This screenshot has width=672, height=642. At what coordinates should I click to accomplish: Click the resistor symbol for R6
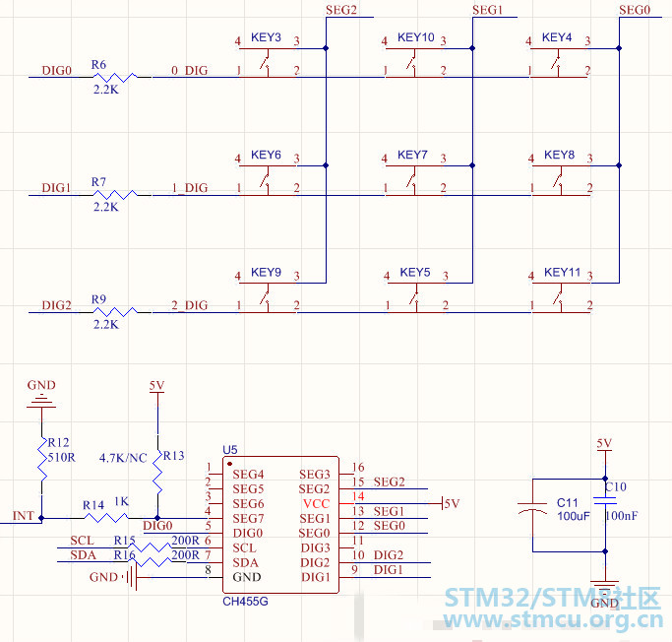(x=115, y=77)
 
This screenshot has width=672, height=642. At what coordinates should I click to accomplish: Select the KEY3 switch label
(x=266, y=37)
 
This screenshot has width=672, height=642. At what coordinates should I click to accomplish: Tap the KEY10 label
(x=416, y=37)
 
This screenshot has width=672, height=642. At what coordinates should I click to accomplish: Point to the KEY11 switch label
(x=562, y=273)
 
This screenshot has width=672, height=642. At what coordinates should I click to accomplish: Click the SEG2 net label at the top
(x=341, y=10)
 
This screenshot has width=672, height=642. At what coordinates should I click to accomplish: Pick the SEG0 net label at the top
(x=635, y=10)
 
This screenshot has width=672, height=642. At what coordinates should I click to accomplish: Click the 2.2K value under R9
(x=106, y=325)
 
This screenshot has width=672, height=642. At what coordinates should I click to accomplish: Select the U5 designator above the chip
(x=230, y=450)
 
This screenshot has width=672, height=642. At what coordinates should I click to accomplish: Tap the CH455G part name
(x=245, y=602)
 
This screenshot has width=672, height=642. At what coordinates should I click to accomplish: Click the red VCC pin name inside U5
(x=316, y=504)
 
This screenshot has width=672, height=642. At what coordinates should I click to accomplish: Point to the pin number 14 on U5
(x=358, y=496)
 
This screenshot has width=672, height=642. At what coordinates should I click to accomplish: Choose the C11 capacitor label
(x=568, y=502)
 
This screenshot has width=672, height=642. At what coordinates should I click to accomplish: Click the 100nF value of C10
(x=622, y=516)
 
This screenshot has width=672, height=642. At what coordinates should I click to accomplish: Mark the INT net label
(x=24, y=516)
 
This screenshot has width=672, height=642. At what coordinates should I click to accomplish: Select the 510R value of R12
(x=61, y=458)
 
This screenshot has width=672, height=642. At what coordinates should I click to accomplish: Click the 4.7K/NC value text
(x=123, y=458)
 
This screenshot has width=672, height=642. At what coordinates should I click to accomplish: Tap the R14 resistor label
(x=93, y=505)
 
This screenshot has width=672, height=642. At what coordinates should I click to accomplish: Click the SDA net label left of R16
(x=84, y=555)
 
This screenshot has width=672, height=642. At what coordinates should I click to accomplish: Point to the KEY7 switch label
(x=412, y=155)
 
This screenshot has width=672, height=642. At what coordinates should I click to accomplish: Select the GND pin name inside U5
(x=247, y=577)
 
